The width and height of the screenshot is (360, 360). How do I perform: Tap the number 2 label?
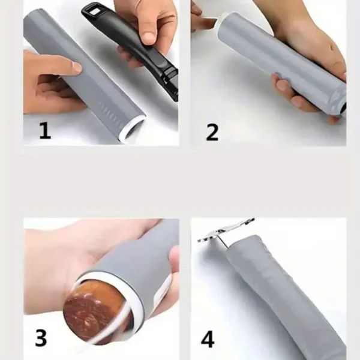212,132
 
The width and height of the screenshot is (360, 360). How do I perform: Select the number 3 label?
40,338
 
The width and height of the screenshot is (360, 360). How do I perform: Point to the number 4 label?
208,339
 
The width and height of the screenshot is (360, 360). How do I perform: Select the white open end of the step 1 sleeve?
134,127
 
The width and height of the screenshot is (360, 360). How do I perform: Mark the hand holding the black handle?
147,24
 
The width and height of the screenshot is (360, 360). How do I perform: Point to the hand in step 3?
66,258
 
